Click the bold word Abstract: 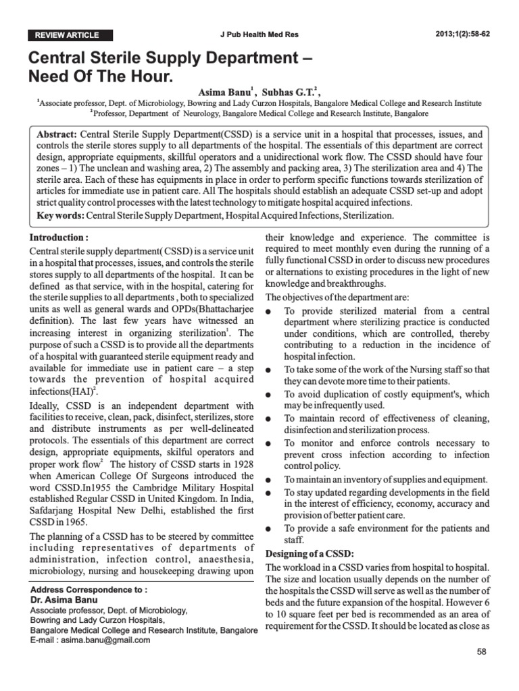(x=57, y=134)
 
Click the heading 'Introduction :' (x=59, y=238)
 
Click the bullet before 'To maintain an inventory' (x=270, y=480)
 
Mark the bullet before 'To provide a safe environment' (x=270, y=528)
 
